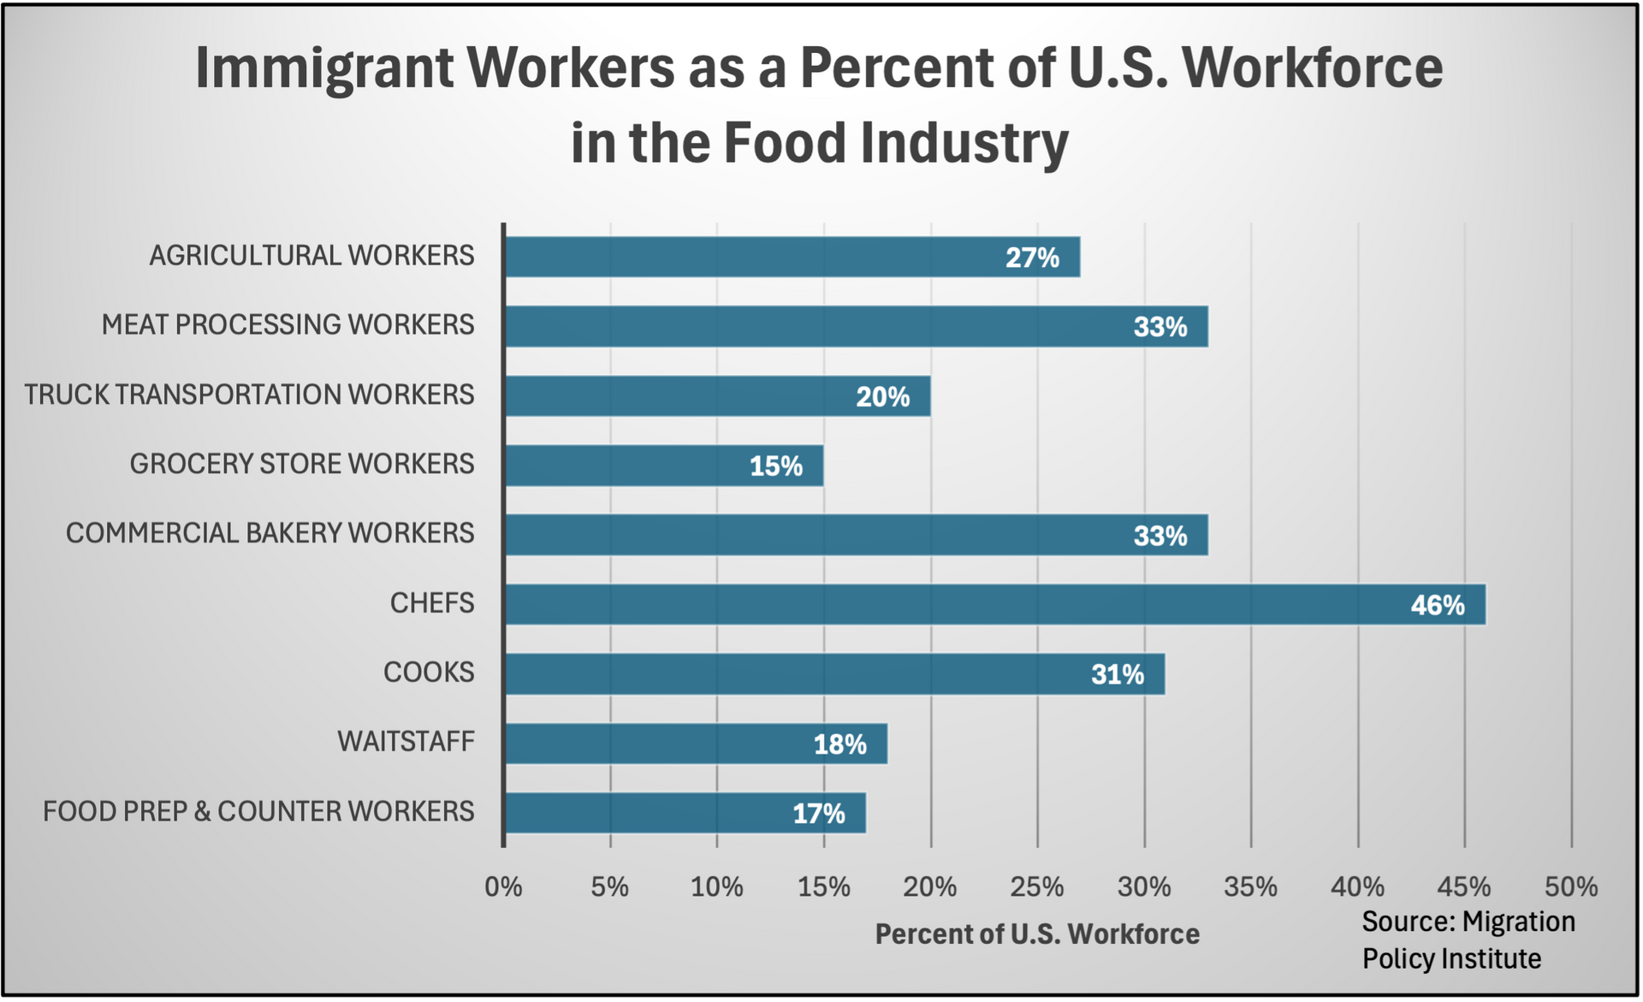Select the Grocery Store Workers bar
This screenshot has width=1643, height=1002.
point(664,465)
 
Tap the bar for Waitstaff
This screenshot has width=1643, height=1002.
point(696,744)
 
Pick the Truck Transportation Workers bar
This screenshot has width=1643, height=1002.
point(717,396)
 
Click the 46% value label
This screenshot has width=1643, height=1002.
point(1438,606)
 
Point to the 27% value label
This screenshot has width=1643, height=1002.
point(1032,258)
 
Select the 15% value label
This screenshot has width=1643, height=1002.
point(776,466)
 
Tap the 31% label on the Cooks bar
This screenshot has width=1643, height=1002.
point(1117,675)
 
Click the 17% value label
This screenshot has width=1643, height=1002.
point(819,814)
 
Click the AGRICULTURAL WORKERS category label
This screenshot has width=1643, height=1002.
point(311,256)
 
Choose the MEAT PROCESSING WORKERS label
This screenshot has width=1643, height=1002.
point(288,325)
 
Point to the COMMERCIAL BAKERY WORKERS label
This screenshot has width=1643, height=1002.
point(270,533)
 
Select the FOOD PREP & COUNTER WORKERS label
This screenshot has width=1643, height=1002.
point(258,811)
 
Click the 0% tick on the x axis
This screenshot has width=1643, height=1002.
point(503,887)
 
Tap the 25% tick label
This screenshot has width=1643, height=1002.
point(1037,887)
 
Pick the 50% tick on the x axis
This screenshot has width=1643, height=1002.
point(1571,887)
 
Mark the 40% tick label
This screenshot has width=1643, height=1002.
point(1358,887)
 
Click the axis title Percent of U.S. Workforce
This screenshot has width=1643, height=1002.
point(1037,934)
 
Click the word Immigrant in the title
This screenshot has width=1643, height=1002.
point(324,68)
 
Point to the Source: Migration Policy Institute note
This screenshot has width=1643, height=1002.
point(1468,940)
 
